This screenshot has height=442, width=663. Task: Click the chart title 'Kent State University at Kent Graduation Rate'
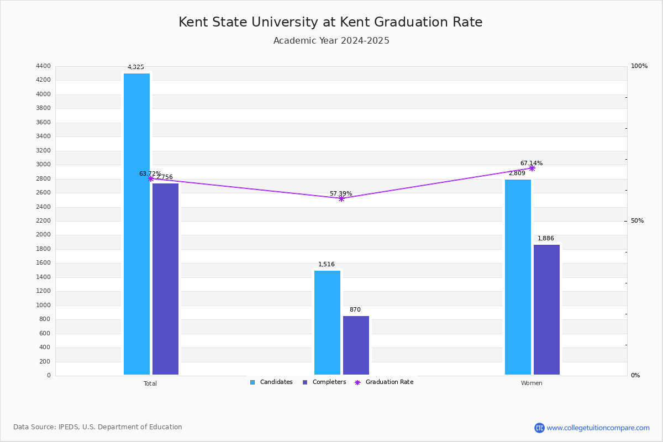(330, 22)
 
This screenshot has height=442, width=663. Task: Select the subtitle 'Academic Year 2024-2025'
(331, 41)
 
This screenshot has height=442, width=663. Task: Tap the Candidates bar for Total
(136, 224)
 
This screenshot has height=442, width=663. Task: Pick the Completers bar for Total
(165, 279)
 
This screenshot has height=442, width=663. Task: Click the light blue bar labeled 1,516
(327, 323)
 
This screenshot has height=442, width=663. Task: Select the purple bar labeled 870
(356, 345)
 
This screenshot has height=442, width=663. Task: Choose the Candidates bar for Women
(518, 277)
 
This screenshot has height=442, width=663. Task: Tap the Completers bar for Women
(546, 309)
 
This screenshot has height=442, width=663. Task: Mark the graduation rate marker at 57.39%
(341, 198)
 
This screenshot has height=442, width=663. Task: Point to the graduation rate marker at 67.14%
(532, 168)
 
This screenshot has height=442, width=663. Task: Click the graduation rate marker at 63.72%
(151, 178)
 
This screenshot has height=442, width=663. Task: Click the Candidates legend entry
(271, 382)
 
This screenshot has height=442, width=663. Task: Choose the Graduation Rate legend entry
(384, 382)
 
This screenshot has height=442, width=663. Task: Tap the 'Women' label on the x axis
(532, 383)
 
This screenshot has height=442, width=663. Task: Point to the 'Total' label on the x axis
(150, 383)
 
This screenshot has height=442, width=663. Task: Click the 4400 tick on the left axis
(43, 66)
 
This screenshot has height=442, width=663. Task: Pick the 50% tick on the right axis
(637, 221)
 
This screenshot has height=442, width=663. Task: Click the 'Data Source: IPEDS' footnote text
(98, 427)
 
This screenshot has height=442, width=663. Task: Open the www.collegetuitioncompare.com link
(598, 428)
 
